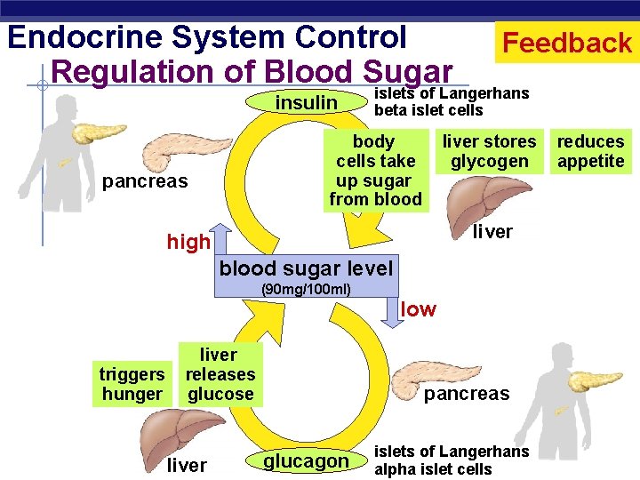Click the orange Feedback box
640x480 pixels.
tap(566, 42)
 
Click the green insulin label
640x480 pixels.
tap(307, 102)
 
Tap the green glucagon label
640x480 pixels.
tap(306, 460)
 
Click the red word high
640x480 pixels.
tap(188, 242)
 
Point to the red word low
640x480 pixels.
tap(418, 309)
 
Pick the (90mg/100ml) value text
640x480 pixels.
tap(306, 290)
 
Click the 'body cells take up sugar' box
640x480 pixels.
tap(375, 170)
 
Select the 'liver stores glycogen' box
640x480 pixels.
tap(489, 151)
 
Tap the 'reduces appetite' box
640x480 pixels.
tap(590, 151)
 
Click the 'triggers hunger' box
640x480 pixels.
tap(132, 384)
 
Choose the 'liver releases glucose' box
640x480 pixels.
tap(220, 374)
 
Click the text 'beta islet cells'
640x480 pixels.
tap(428, 110)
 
